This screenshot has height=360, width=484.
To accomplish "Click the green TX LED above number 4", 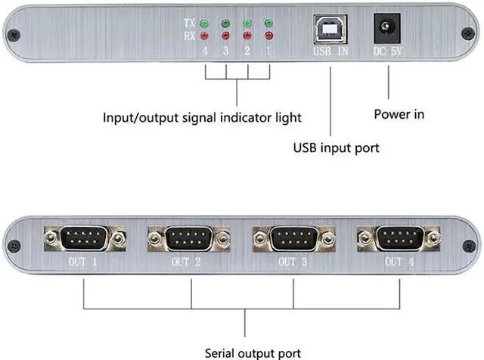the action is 204,23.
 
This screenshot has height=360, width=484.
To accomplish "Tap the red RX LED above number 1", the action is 269,36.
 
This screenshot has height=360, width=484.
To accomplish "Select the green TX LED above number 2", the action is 247,23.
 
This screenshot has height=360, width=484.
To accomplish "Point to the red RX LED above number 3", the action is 225,36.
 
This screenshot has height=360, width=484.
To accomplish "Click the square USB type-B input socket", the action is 330,29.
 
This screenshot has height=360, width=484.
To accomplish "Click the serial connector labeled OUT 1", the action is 85,238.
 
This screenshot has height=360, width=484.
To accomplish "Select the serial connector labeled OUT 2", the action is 189,238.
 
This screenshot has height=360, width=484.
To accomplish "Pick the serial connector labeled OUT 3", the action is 294,238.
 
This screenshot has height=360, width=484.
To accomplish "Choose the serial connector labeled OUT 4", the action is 399,238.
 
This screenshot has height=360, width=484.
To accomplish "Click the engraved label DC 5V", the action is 388,51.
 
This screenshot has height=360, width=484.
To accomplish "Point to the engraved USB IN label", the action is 331,51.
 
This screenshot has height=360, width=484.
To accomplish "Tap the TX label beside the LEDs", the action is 190,23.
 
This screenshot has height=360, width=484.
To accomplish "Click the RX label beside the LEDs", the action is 190,36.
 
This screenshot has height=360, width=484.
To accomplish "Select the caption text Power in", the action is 399,114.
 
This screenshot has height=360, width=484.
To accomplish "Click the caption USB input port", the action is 336,148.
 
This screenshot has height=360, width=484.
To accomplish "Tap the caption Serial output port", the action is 253,353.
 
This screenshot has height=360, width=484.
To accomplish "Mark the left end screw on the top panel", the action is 14,35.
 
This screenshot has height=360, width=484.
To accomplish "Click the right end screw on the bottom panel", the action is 469,246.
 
